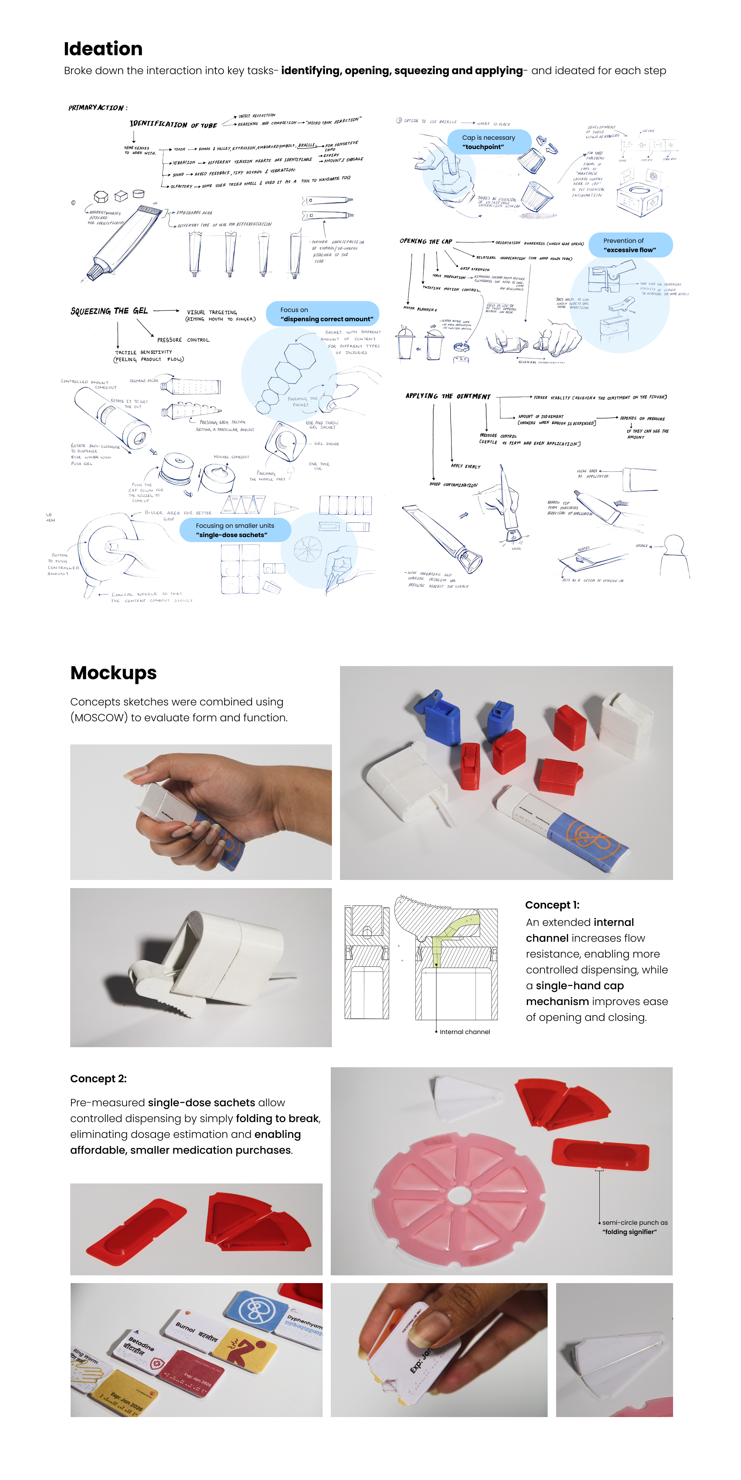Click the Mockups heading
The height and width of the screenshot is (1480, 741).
[113, 673]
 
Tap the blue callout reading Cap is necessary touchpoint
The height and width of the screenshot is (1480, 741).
[488, 142]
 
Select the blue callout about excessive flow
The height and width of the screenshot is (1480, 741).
[629, 245]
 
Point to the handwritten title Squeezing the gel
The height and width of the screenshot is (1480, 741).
[109, 311]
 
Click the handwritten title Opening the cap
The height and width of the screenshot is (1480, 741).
[426, 241]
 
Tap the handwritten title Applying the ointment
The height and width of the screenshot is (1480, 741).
[448, 396]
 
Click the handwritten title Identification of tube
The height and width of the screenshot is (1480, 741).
[173, 124]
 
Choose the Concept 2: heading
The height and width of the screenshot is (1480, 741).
[98, 1079]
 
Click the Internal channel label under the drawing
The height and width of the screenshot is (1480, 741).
[464, 1032]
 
